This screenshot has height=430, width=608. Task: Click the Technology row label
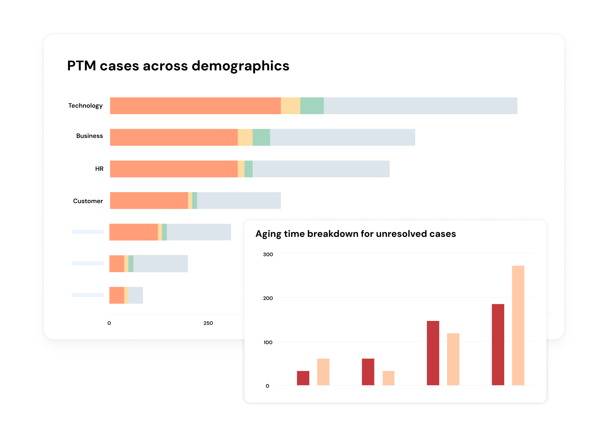85,106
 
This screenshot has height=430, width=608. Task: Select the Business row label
89,136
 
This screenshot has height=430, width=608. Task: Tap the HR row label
99,169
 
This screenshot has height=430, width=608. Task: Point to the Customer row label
88,201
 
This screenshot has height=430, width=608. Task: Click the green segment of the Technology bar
312,106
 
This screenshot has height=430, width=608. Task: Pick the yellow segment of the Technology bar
290,106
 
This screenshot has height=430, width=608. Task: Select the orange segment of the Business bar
174,137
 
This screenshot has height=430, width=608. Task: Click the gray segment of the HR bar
321,169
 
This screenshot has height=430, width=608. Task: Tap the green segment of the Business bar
261,137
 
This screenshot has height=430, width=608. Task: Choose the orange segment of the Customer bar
149,201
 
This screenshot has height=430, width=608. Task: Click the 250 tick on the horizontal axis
208,323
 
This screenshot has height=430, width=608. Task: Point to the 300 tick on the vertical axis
268,254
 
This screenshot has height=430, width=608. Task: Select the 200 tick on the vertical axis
268,298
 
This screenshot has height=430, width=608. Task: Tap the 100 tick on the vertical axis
268,342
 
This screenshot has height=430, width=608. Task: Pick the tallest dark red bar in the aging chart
498,344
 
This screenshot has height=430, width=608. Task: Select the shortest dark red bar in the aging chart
303,378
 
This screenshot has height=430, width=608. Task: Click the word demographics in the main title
240,66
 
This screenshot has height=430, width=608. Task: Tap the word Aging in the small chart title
268,234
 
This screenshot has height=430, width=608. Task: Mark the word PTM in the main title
81,66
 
